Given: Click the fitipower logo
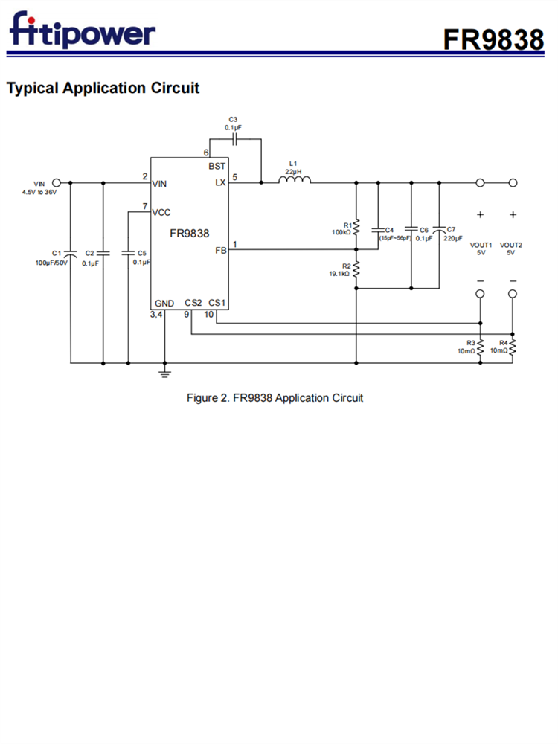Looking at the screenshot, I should point(82,31).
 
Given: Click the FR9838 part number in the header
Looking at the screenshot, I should point(493,39).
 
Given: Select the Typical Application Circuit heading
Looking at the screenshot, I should point(103,88).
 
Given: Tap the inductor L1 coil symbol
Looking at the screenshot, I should point(295,179).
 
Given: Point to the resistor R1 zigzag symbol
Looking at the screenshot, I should point(356,227).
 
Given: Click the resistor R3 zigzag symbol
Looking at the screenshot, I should point(480,347).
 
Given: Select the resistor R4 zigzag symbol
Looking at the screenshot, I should point(513,347).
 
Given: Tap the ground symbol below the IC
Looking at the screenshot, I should point(164,373).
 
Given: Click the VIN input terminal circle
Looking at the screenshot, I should point(56,182).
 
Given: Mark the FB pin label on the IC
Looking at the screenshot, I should point(220,251).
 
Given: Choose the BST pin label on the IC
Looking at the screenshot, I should point(217,166).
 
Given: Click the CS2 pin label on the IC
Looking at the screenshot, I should point(193,303).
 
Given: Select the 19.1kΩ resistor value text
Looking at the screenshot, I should point(339,274).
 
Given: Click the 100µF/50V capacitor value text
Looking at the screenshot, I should point(51,263).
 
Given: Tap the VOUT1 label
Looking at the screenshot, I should point(480,245).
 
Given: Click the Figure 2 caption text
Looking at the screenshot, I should point(275,398).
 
